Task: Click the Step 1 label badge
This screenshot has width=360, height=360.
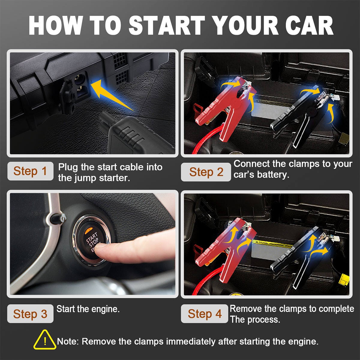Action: click(30, 171)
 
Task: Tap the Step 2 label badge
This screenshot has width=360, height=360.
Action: click(206, 172)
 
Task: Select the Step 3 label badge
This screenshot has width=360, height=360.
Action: click(30, 314)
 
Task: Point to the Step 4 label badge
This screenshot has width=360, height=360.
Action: click(205, 314)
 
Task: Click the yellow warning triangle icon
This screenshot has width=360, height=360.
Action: click(45, 340)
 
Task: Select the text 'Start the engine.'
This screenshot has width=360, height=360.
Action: click(88, 309)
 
